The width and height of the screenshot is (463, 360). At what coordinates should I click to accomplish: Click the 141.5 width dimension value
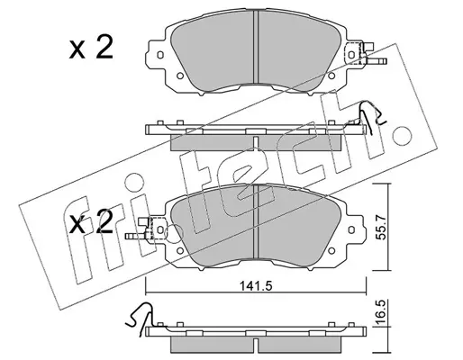pyautogui.click(x=256, y=286)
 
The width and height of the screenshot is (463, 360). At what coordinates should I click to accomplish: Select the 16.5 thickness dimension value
pyautogui.click(x=381, y=314)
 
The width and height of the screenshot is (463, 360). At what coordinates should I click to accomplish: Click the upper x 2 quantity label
pyautogui.click(x=91, y=47)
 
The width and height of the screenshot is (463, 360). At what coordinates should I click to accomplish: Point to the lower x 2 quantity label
pyautogui.click(x=91, y=221)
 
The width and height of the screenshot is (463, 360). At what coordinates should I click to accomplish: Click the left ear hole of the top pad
pyautogui.click(x=160, y=55)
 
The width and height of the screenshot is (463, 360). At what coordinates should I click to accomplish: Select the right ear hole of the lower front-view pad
pyautogui.click(x=351, y=229)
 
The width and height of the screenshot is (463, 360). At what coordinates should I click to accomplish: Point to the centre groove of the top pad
pyautogui.click(x=256, y=47)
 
